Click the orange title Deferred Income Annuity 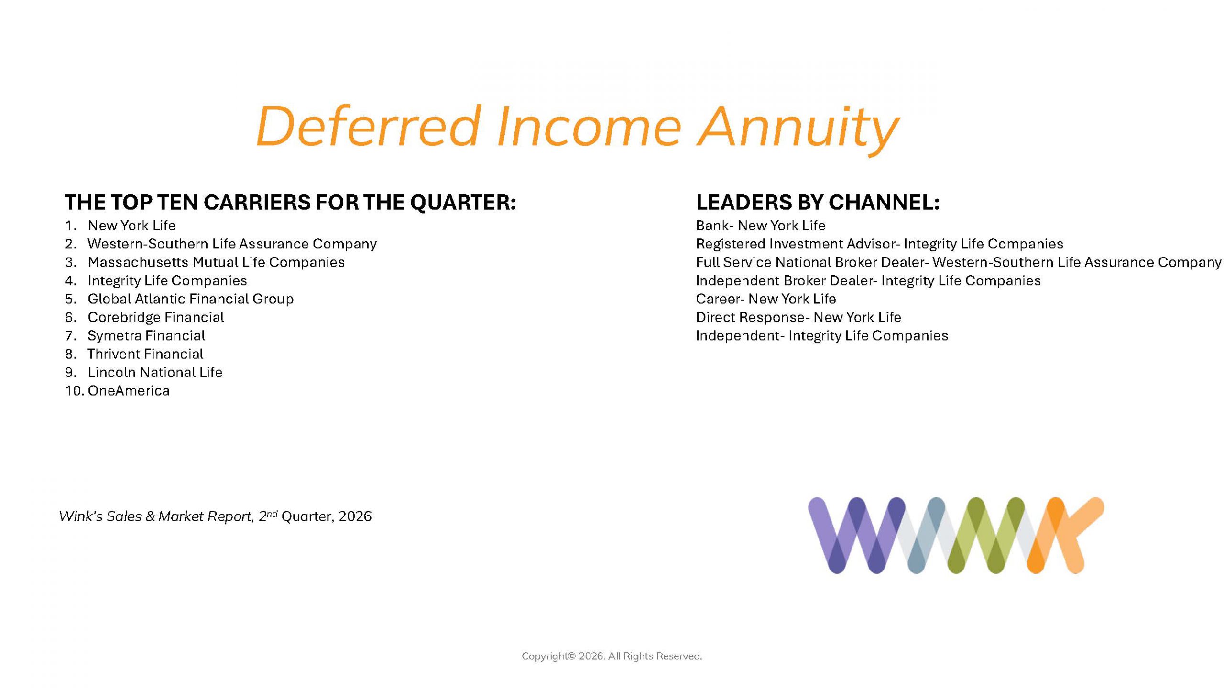pos(578,128)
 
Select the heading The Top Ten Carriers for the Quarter pos(290,202)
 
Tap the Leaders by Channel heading pos(818,202)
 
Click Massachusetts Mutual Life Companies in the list pos(216,262)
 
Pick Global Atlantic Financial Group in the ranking pos(191,299)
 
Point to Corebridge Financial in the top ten pos(156,317)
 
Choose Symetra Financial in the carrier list pos(146,336)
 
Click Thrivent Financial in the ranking pos(145,354)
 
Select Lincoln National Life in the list pos(155,372)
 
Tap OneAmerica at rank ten pos(129,391)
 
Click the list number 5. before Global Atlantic pos(71,299)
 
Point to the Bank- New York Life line pos(761,226)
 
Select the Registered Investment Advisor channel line pos(880,244)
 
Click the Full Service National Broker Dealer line pos(959,262)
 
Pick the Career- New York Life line pos(766,299)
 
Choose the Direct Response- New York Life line pos(798,317)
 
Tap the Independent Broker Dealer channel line pos(868,281)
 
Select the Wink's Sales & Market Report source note pos(215,516)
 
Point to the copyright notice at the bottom pos(612,656)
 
